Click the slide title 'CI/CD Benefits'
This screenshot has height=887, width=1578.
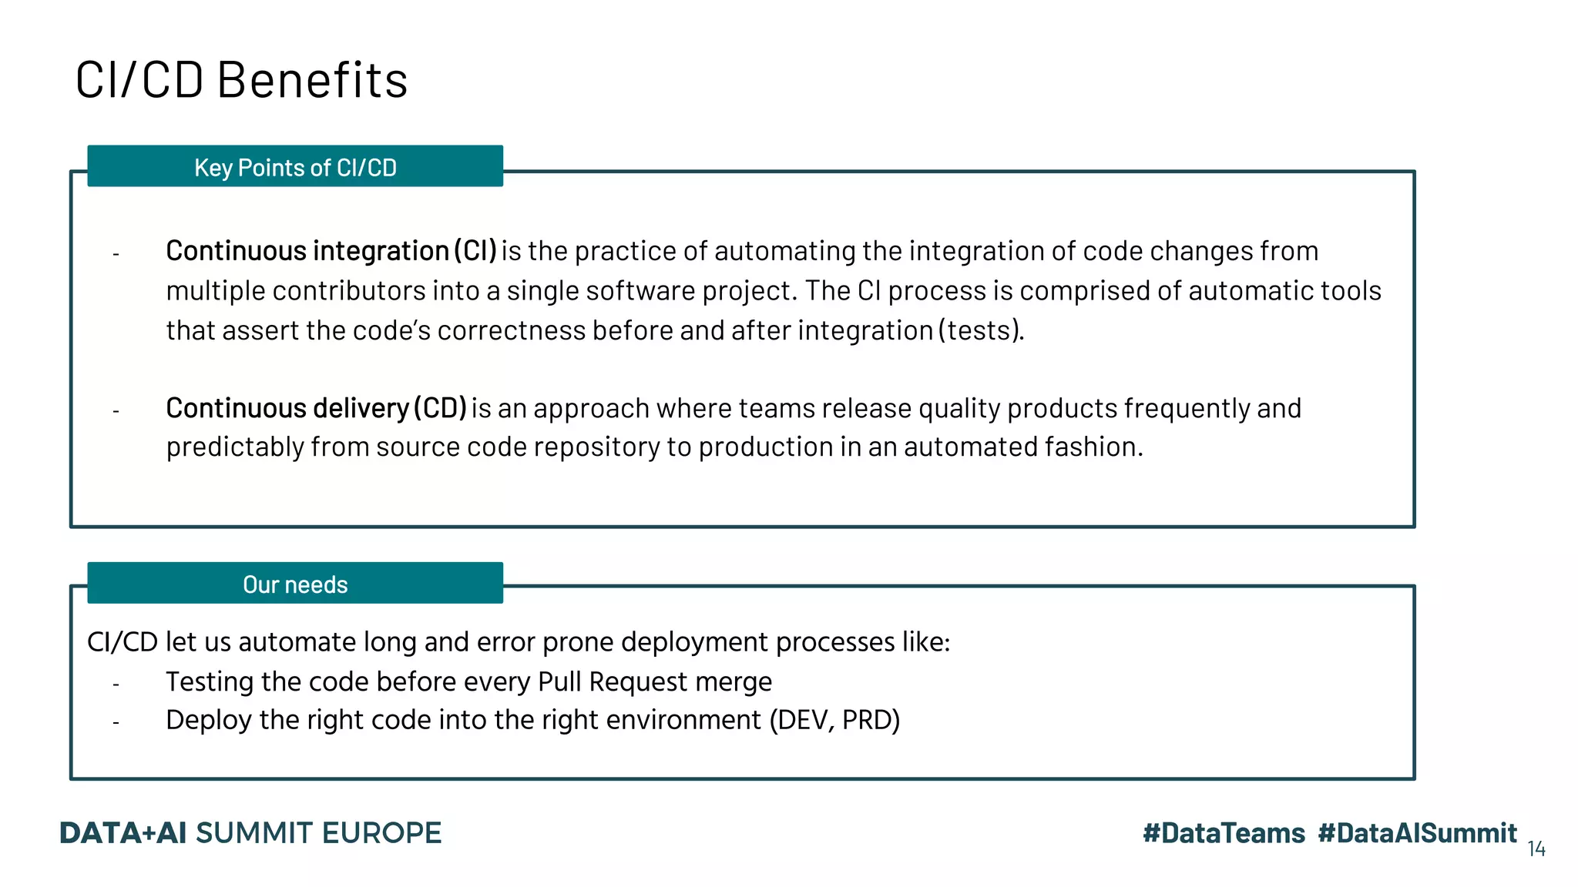(241, 80)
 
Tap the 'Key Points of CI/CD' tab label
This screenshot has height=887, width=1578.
(295, 167)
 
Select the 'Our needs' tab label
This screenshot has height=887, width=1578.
(295, 584)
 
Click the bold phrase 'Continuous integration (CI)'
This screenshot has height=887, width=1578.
(331, 251)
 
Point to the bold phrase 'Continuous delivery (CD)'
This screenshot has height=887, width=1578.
(316, 408)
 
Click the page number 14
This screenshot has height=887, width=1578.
(1536, 849)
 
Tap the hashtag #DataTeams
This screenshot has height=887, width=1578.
(1224, 833)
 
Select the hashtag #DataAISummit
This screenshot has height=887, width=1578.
(1417, 833)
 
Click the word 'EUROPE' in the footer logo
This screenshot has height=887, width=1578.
(381, 833)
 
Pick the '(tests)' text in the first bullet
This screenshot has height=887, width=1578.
(980, 330)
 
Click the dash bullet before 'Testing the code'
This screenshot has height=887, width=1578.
(116, 684)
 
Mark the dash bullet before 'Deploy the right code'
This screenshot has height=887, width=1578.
(116, 722)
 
